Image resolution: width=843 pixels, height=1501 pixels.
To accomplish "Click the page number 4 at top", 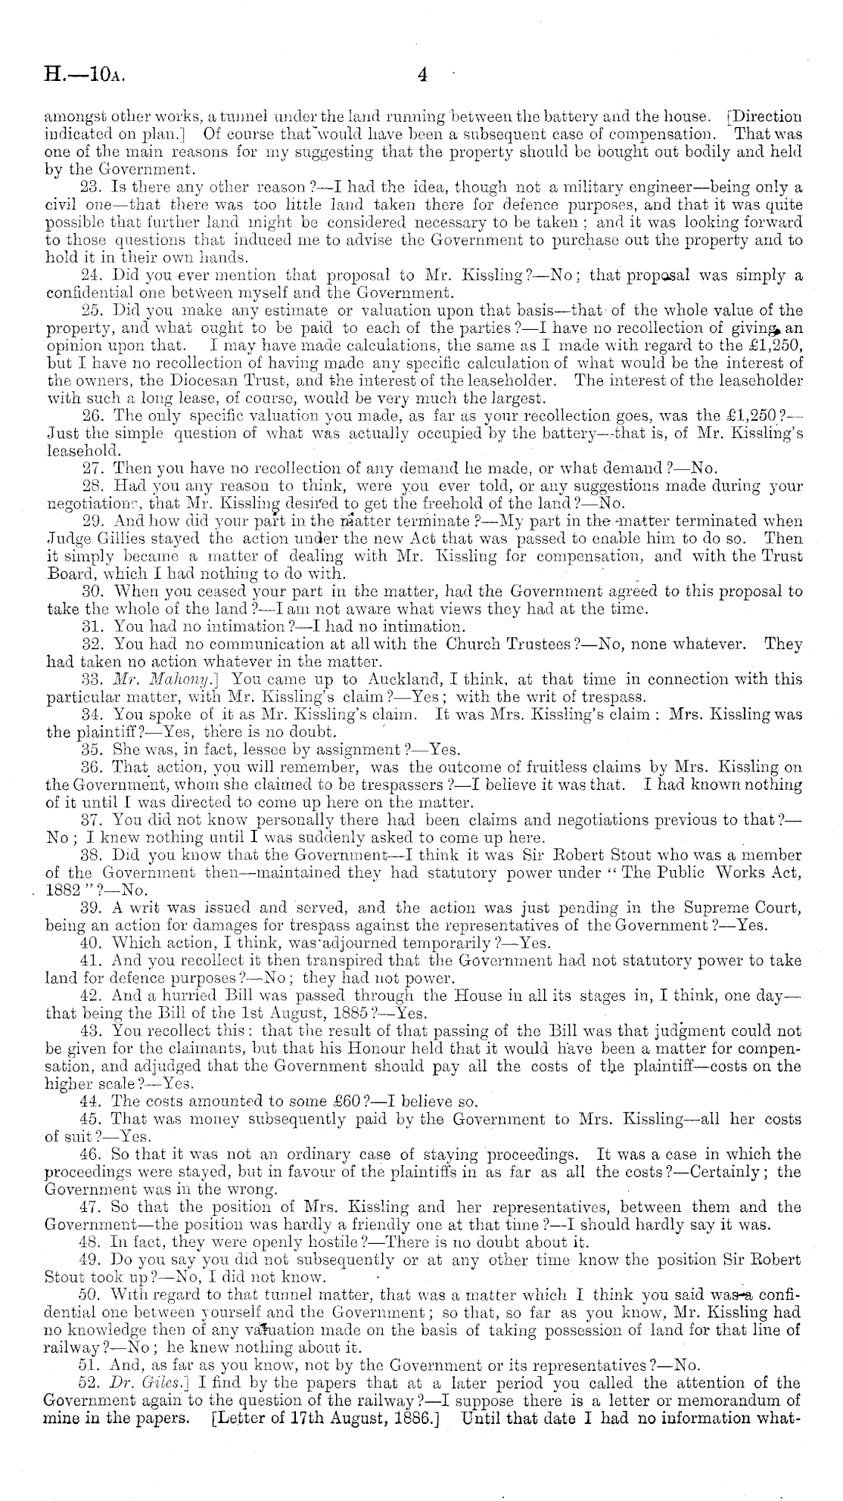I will pos(422,74).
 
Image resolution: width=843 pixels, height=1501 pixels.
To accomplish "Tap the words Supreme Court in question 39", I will pos(736,907).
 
